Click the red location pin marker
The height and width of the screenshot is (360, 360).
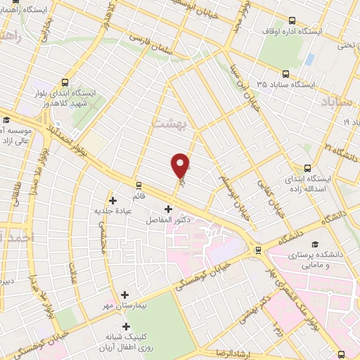[181, 165]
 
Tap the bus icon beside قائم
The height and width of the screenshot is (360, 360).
[139, 186]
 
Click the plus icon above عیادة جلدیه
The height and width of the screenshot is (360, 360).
[112, 200]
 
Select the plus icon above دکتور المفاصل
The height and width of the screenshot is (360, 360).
[168, 209]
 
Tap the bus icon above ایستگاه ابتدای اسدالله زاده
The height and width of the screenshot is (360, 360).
[307, 167]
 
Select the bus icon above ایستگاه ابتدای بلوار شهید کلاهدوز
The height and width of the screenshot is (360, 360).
[65, 81]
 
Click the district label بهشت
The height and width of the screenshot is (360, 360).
[167, 122]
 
